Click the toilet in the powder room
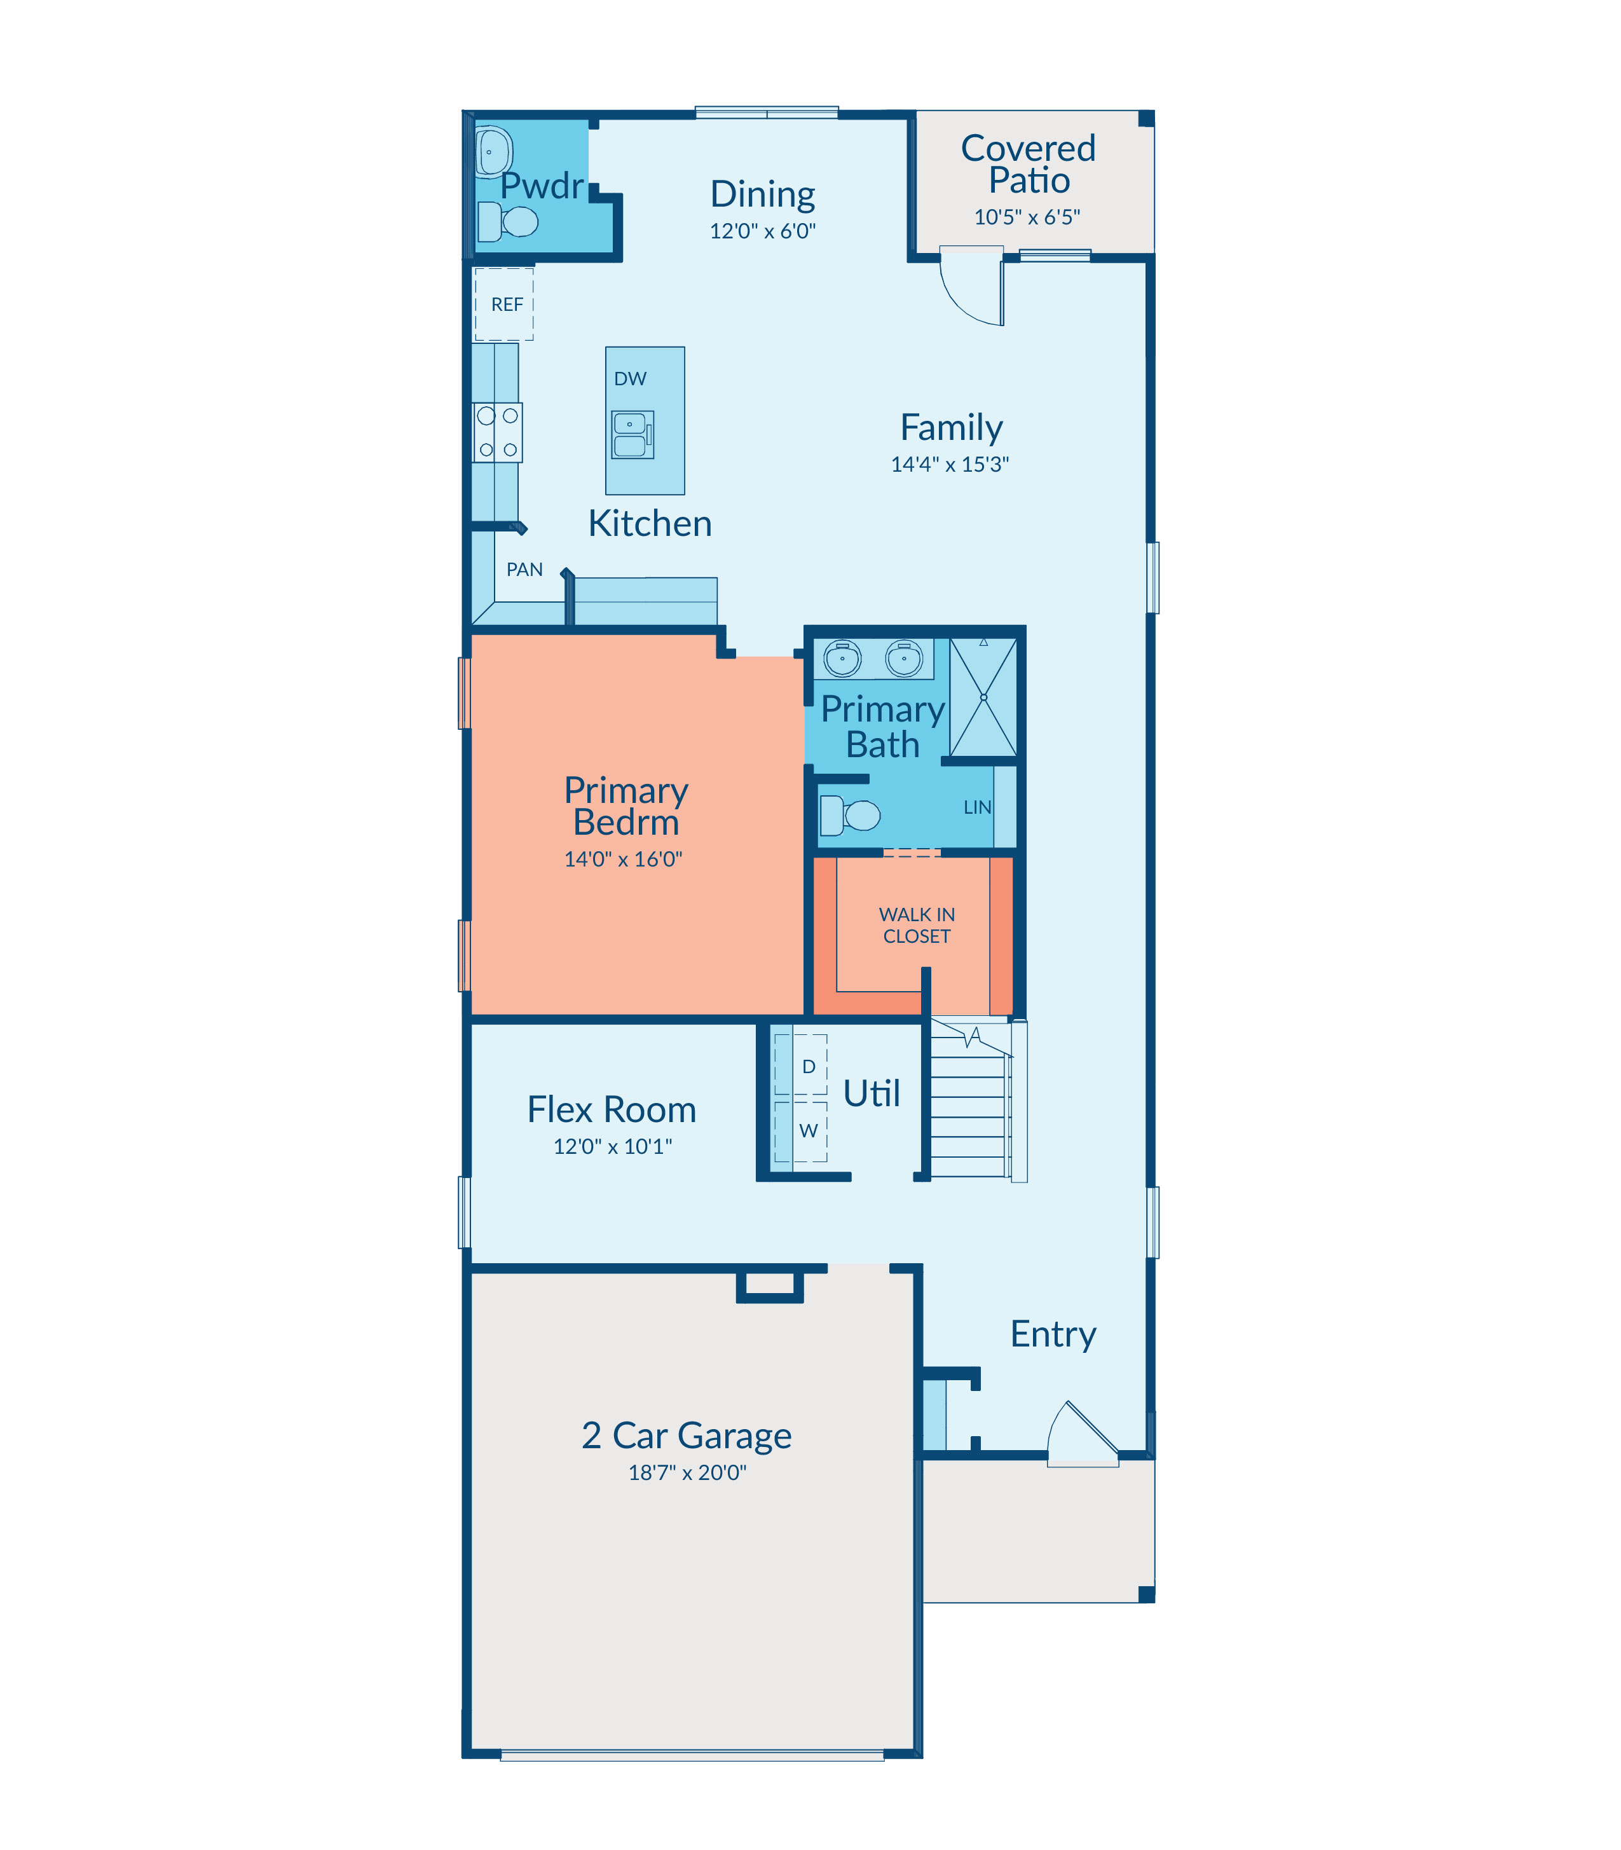click(x=507, y=222)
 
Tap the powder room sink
click(x=494, y=152)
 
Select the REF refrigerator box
click(x=504, y=304)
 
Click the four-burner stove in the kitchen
click(x=498, y=432)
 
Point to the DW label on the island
click(x=631, y=379)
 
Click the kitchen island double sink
click(x=633, y=435)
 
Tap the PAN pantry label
click(x=524, y=570)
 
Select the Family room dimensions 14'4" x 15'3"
click(x=950, y=464)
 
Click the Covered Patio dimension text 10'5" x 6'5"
click(x=1027, y=217)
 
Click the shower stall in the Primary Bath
click(x=983, y=697)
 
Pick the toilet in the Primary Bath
click(x=849, y=815)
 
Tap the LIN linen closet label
click(x=977, y=807)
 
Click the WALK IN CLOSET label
click(x=916, y=926)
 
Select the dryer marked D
click(x=800, y=1065)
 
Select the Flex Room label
click(x=612, y=1109)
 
